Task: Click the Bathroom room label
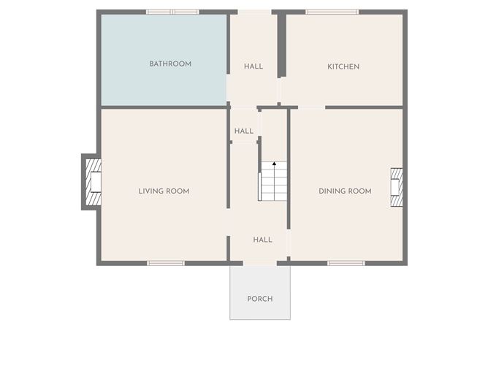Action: pyautogui.click(x=170, y=64)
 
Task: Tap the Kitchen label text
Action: pyautogui.click(x=343, y=66)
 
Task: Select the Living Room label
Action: pyautogui.click(x=164, y=191)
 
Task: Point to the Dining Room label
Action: pyautogui.click(x=345, y=191)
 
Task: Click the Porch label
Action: pyautogui.click(x=260, y=299)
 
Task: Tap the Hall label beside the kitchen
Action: pyautogui.click(x=253, y=66)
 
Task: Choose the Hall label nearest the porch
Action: pyautogui.click(x=263, y=240)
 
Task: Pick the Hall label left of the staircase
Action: pyautogui.click(x=244, y=131)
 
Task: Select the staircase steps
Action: pyautogui.click(x=274, y=181)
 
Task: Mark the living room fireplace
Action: pyautogui.click(x=93, y=182)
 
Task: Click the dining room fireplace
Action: pyautogui.click(x=397, y=187)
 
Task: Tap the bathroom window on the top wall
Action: pyautogui.click(x=172, y=12)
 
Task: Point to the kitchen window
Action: pyautogui.click(x=332, y=12)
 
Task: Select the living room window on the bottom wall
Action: pyautogui.click(x=166, y=263)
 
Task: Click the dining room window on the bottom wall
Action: pyautogui.click(x=346, y=263)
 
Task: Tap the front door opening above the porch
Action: pyautogui.click(x=260, y=263)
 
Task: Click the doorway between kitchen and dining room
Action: pyautogui.click(x=311, y=107)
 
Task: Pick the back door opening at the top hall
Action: pyautogui.click(x=254, y=12)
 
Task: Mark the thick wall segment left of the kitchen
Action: pyautogui.click(x=282, y=45)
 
